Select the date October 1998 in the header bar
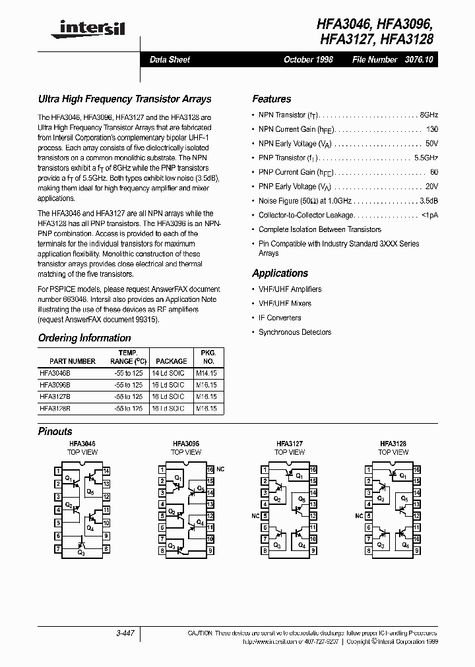tap(308, 59)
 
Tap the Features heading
tap(271, 99)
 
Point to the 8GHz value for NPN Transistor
tap(429, 115)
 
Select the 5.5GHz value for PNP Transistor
tap(426, 158)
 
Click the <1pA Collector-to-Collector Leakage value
tap(429, 216)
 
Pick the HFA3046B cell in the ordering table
tap(55, 372)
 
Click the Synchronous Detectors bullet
tap(295, 332)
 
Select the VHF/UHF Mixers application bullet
tap(285, 303)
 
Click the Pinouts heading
tap(55, 431)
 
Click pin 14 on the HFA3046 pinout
tap(106, 471)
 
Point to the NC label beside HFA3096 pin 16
tap(220, 469)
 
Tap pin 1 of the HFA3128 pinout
tap(367, 470)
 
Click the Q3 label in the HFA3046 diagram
tap(80, 552)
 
